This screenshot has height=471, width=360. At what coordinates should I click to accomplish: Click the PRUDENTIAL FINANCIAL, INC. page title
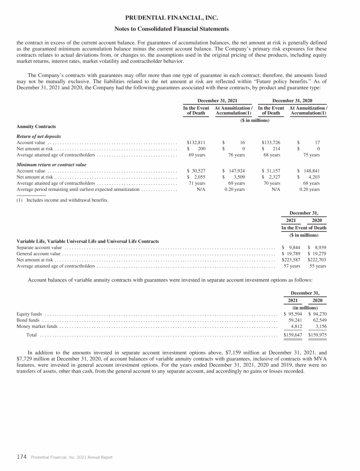180,18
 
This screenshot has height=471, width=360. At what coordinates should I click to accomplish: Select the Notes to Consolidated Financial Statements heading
180,29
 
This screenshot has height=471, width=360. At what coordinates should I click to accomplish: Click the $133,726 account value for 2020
271,142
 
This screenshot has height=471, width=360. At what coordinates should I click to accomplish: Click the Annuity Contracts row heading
36,126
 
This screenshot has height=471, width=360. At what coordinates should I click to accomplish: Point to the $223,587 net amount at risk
291,259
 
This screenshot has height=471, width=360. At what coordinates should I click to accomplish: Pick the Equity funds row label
29,314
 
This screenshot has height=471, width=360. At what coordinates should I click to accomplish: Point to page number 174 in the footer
21,456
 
